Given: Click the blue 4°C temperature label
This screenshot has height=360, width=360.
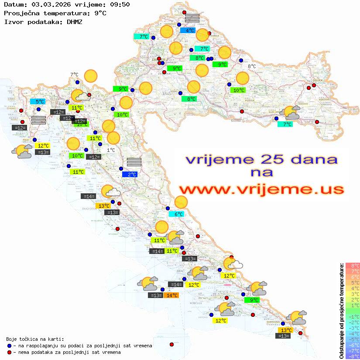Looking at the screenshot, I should (190, 31).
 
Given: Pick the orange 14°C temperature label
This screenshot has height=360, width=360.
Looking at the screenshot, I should (171, 295).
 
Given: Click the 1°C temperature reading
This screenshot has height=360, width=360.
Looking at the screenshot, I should (111, 150).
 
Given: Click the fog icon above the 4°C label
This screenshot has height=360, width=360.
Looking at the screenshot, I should (192, 18).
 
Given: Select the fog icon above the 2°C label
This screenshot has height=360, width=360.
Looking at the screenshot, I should (134, 162).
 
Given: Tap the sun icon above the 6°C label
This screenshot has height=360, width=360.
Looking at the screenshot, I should (181, 202).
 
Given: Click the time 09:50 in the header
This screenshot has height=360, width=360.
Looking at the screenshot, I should (121, 4).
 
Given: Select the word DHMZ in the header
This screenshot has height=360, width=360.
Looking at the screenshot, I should (74, 21).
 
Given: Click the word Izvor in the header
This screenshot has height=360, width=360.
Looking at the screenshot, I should (13, 21).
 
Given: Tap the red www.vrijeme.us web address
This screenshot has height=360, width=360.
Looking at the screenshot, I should (261, 189).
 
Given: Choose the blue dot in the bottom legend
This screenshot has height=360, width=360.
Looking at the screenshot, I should (9, 346).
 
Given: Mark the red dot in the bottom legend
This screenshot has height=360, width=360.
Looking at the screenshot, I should (9, 352).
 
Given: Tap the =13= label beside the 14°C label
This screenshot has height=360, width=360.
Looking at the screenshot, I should (156, 295).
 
